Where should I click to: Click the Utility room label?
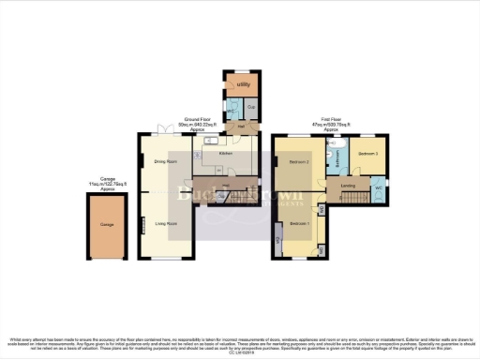[x=243, y=84]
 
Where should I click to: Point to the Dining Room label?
[x=166, y=161]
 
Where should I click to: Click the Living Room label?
[x=167, y=223]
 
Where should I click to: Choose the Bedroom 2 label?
[x=299, y=161]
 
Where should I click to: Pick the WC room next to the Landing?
[x=378, y=189]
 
